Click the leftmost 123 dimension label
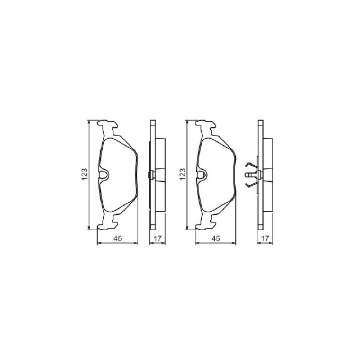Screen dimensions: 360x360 point(84,174)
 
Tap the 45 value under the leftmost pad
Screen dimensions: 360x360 point(118,238)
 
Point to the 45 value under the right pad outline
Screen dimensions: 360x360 point(215,238)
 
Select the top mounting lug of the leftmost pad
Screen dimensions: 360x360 point(108,125)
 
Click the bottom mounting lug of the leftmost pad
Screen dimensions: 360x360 point(108,224)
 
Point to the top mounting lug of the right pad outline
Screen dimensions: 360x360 point(205,125)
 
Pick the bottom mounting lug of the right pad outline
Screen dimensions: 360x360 point(205,224)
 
